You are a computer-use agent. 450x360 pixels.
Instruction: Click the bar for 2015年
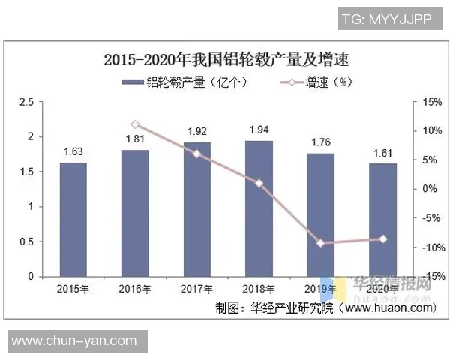click(x=73, y=219)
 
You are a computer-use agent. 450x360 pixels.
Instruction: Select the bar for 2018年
click(x=259, y=208)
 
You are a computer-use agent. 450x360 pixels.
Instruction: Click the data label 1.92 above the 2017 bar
click(x=196, y=131)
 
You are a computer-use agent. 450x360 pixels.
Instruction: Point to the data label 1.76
click(x=321, y=142)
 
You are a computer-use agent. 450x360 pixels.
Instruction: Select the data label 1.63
click(x=73, y=151)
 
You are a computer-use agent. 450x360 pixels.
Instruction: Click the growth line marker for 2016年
click(x=135, y=124)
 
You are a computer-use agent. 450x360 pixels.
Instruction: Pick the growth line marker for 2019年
click(x=321, y=243)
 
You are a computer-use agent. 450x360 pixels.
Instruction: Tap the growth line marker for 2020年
click(x=382, y=239)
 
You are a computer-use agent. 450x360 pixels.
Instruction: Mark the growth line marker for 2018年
click(x=259, y=183)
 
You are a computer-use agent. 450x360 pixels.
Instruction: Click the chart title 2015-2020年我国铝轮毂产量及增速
click(x=226, y=59)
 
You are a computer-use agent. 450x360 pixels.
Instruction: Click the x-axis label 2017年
click(x=196, y=289)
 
